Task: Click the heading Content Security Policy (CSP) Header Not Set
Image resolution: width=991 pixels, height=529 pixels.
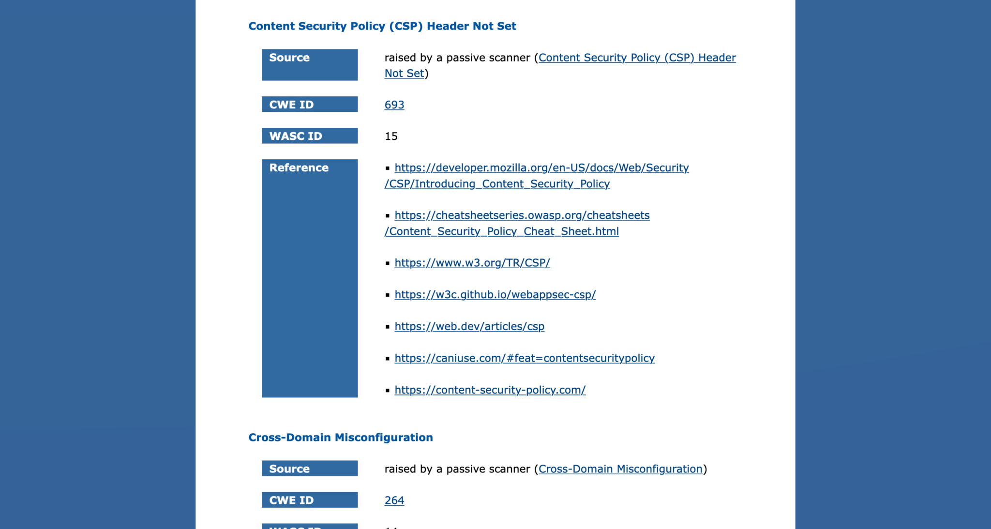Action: pyautogui.click(x=382, y=26)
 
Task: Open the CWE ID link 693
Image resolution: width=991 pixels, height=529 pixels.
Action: pyautogui.click(x=394, y=105)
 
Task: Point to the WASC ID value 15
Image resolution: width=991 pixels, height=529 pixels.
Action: pyautogui.click(x=391, y=136)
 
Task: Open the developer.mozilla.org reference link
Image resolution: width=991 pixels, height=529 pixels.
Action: pyautogui.click(x=541, y=168)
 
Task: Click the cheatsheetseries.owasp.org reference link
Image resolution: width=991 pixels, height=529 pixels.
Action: pyautogui.click(x=522, y=215)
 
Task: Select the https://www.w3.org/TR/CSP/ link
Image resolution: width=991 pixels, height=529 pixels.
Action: pyautogui.click(x=472, y=263)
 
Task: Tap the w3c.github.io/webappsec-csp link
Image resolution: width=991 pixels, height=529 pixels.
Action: pyautogui.click(x=495, y=295)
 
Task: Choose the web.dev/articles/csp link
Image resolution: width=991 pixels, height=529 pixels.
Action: pyautogui.click(x=469, y=327)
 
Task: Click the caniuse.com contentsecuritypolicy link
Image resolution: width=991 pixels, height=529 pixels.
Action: pyautogui.click(x=524, y=358)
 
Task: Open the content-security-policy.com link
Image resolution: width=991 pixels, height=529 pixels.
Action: pyautogui.click(x=490, y=390)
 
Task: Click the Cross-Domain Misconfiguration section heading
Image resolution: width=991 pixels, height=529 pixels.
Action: pyautogui.click(x=340, y=438)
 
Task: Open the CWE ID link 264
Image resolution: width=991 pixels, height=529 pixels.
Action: pyautogui.click(x=394, y=500)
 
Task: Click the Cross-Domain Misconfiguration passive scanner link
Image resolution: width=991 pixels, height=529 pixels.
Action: pyautogui.click(x=620, y=469)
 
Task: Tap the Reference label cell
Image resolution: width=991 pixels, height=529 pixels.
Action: pyautogui.click(x=310, y=278)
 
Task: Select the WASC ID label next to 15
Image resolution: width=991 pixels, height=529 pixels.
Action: pyautogui.click(x=310, y=136)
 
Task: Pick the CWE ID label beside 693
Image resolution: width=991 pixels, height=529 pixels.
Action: pyautogui.click(x=310, y=105)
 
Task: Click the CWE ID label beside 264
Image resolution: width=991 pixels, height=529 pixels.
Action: pyautogui.click(x=310, y=500)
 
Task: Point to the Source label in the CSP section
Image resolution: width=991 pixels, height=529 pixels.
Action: pyautogui.click(x=310, y=65)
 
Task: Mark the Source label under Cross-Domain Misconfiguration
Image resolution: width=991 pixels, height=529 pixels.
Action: pyautogui.click(x=310, y=469)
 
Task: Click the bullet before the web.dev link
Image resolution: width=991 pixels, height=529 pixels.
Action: pyautogui.click(x=388, y=327)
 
